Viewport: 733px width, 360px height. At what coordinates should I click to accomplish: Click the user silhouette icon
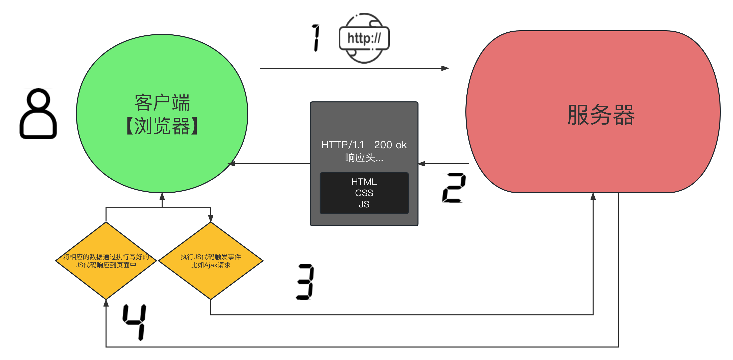click(38, 114)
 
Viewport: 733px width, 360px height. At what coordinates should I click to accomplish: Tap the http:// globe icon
click(364, 38)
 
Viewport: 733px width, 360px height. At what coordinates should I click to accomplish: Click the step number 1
click(316, 38)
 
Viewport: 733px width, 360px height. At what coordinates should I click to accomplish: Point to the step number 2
click(454, 188)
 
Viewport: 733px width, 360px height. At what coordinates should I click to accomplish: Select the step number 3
click(305, 282)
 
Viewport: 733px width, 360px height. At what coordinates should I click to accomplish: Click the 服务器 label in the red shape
click(601, 115)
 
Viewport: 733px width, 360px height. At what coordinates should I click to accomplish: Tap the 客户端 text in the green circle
click(162, 103)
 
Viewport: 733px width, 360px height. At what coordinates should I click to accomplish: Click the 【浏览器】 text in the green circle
click(162, 126)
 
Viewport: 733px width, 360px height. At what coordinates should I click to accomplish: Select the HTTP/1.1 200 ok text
click(364, 145)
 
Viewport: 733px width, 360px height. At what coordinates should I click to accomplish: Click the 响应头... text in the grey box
click(364, 157)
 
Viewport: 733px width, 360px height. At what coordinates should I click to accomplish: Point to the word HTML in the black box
click(364, 182)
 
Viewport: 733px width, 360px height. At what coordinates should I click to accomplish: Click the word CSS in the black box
click(364, 193)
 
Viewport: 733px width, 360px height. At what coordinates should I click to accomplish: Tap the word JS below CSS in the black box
click(364, 204)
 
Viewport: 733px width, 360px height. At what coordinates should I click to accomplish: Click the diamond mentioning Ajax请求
click(211, 260)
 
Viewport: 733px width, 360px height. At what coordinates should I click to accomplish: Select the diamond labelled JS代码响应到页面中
click(106, 260)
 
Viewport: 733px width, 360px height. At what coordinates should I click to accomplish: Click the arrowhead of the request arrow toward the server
click(445, 68)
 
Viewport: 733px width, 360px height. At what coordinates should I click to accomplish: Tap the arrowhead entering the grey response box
click(422, 164)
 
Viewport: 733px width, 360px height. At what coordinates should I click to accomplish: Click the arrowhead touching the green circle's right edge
click(231, 164)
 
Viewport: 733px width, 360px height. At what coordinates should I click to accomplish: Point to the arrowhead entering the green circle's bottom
click(162, 196)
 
